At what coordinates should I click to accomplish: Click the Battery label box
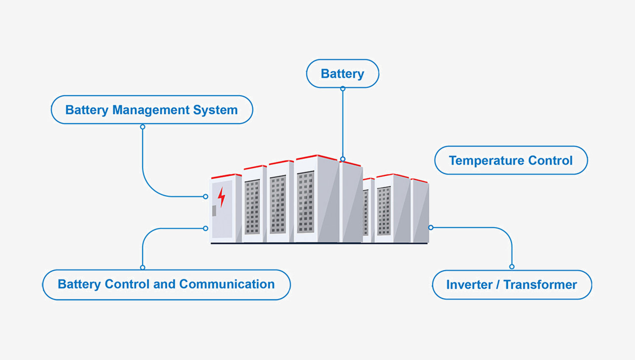(342, 74)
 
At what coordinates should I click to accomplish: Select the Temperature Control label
(511, 161)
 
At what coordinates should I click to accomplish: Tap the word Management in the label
(151, 110)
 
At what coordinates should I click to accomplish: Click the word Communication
(227, 284)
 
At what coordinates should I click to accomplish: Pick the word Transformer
(540, 285)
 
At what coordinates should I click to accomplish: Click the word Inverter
(469, 285)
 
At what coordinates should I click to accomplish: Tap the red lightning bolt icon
(221, 197)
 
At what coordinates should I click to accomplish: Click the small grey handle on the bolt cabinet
(214, 210)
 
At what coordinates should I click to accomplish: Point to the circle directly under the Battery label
(343, 89)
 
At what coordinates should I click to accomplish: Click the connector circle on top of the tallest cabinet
(343, 159)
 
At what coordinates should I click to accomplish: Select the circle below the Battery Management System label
(143, 127)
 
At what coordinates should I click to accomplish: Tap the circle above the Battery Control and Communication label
(143, 267)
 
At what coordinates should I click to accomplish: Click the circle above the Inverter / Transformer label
(512, 266)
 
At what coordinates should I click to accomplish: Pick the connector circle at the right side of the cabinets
(431, 227)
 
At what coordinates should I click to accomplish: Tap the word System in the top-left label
(215, 110)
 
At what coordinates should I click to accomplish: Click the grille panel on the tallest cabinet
(306, 202)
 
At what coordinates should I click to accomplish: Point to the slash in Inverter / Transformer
(498, 285)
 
